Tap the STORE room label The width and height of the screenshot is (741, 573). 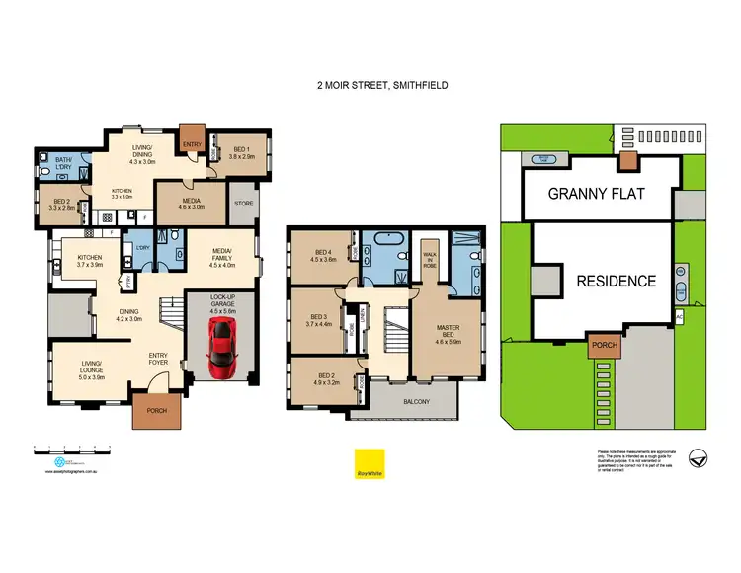pos(243,205)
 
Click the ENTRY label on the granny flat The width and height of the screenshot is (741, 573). pos(192,144)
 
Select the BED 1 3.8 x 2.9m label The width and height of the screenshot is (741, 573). pos(242,153)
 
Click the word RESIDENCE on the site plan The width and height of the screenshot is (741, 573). pos(617,281)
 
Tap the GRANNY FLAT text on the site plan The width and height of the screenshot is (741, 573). pos(596,194)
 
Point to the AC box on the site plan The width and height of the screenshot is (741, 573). pos(679,316)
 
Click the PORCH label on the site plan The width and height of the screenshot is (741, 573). pos(603,346)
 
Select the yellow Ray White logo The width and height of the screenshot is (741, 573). pos(370,464)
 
